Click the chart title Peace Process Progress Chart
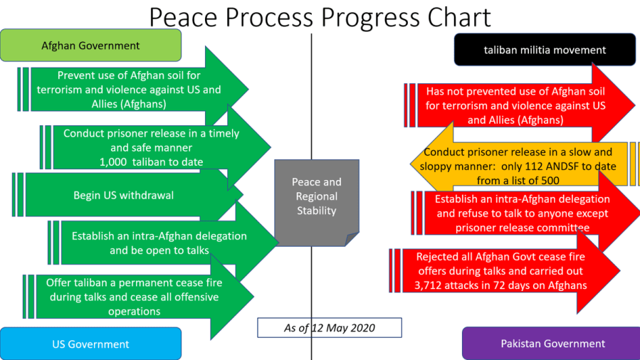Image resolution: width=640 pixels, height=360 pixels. tap(320, 17)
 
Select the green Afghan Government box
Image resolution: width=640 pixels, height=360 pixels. tap(90, 46)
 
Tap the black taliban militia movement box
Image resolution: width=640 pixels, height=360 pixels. tap(545, 50)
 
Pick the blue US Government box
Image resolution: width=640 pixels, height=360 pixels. tap(90, 344)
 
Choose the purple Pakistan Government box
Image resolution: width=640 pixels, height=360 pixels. tap(552, 344)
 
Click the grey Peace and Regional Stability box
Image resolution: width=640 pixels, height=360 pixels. tap(316, 197)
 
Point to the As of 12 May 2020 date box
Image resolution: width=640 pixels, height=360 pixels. tap(329, 328)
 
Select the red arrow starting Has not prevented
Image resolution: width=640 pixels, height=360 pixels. tap(515, 105)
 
